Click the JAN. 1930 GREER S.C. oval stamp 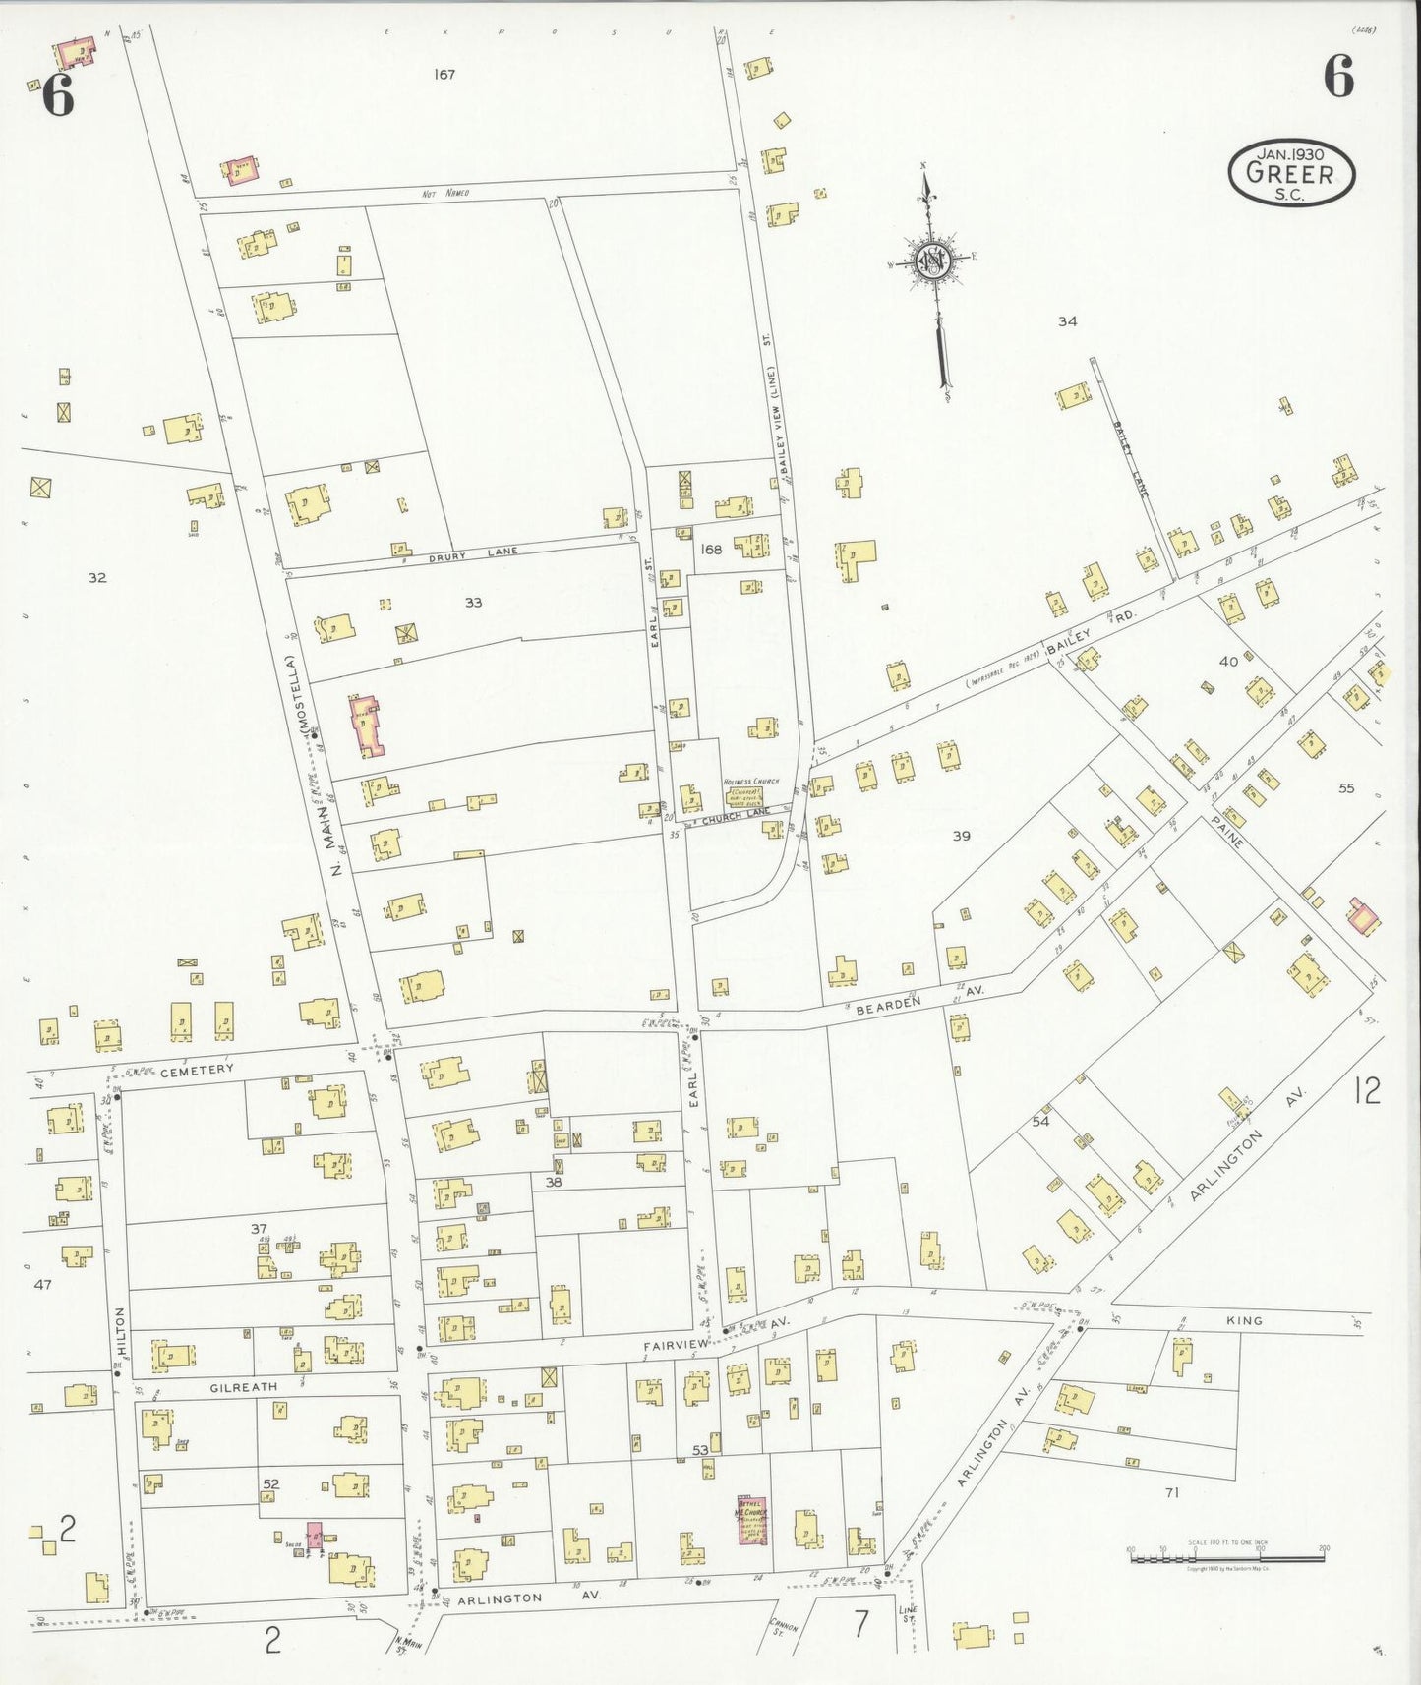[x=1291, y=173]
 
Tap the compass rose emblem [x=929, y=261]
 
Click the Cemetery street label [x=198, y=1069]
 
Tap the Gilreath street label [x=243, y=1387]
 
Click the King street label [x=1244, y=1320]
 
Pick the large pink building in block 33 [x=367, y=726]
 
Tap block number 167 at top [x=444, y=74]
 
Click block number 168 [x=710, y=550]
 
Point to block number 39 [x=961, y=836]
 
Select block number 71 [x=1171, y=1492]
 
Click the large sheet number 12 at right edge [x=1366, y=1090]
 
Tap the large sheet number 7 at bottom [x=861, y=1624]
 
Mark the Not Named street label [x=444, y=193]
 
